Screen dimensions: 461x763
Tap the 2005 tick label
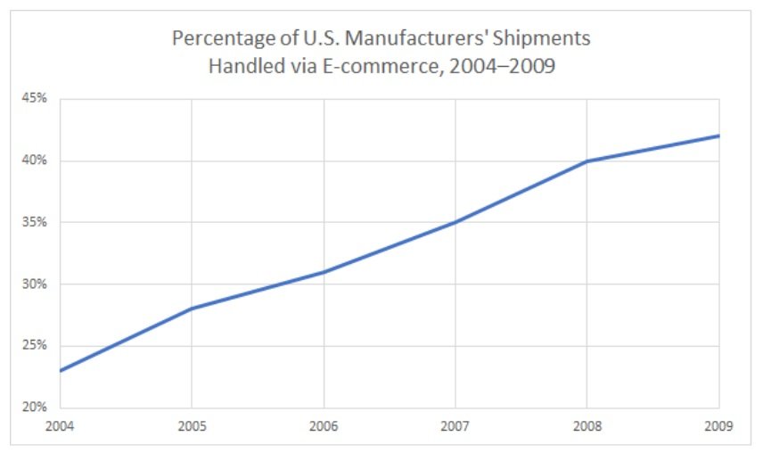click(x=192, y=425)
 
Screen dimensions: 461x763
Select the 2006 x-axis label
click(x=324, y=425)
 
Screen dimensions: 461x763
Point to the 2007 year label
click(x=455, y=425)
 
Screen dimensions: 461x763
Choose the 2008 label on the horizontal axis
click(x=587, y=425)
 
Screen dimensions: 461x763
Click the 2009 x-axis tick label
click(x=718, y=425)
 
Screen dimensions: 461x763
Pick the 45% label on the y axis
click(x=36, y=99)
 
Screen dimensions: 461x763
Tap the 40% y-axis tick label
click(x=36, y=161)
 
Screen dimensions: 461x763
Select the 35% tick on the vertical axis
click(x=36, y=222)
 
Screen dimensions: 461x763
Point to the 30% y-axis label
click(x=36, y=284)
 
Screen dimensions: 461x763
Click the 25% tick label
click(x=36, y=346)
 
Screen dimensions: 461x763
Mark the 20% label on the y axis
click(x=36, y=407)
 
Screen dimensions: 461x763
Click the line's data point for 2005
click(x=192, y=309)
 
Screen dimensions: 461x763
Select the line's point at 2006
click(x=324, y=272)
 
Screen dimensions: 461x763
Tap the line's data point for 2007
click(x=455, y=222)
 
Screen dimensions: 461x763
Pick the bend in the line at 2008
click(x=587, y=161)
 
